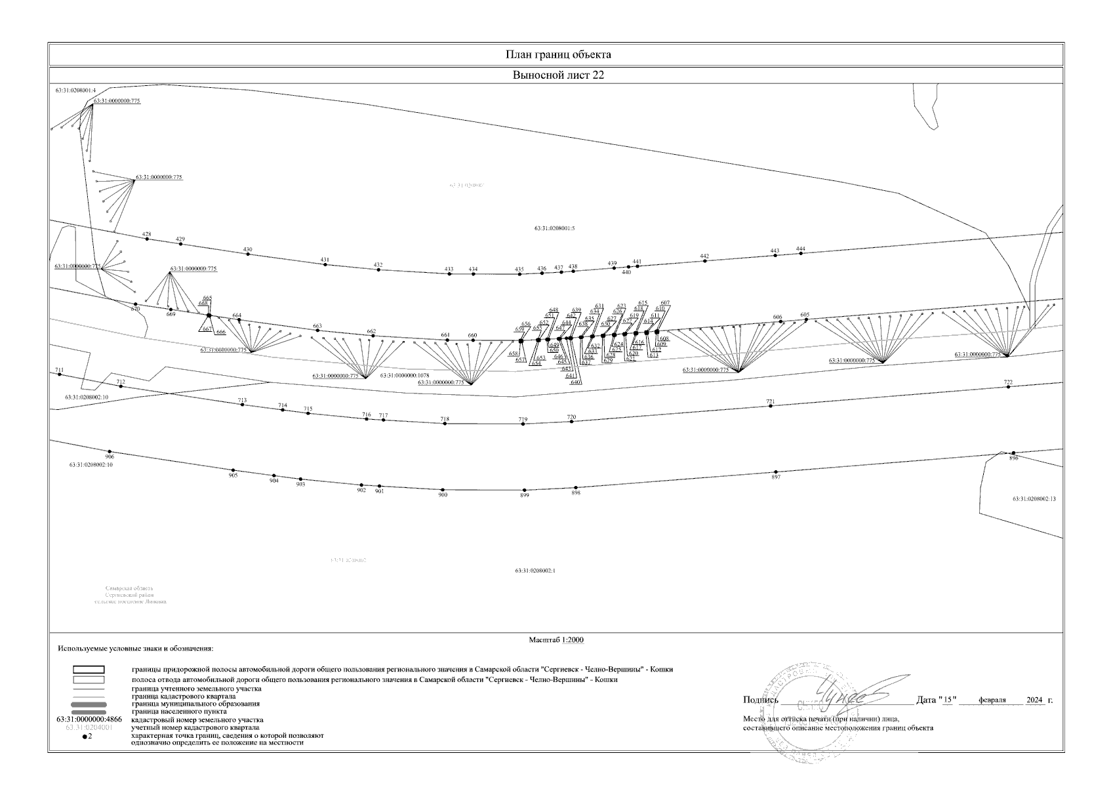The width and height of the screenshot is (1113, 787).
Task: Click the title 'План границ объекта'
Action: (x=557, y=54)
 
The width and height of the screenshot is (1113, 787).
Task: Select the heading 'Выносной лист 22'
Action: (x=557, y=75)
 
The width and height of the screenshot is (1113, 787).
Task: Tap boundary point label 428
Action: (x=146, y=234)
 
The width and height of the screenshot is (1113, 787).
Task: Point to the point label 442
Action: (x=704, y=256)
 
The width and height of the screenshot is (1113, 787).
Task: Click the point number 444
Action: (x=800, y=249)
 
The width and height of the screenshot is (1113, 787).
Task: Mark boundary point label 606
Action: (x=777, y=317)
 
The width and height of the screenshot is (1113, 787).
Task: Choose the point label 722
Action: (x=1008, y=382)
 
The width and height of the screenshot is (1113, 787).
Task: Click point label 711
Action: (x=60, y=371)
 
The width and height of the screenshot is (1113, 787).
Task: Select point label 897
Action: (x=776, y=477)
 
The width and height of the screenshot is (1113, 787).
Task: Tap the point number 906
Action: (x=110, y=456)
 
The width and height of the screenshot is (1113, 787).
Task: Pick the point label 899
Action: (x=524, y=496)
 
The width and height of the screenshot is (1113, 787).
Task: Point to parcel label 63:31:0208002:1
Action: (x=535, y=571)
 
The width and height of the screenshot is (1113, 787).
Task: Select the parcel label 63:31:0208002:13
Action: (x=1034, y=499)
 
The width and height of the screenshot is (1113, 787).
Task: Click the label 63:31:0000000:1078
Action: (x=404, y=376)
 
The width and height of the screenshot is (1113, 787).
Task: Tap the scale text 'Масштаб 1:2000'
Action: (x=556, y=640)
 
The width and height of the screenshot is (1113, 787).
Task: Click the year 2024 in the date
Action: (x=1034, y=700)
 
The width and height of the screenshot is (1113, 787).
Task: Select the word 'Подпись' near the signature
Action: (x=760, y=700)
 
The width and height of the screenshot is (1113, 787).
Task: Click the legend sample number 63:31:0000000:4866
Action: (x=89, y=720)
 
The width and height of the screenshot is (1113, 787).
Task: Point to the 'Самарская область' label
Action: (x=129, y=588)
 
